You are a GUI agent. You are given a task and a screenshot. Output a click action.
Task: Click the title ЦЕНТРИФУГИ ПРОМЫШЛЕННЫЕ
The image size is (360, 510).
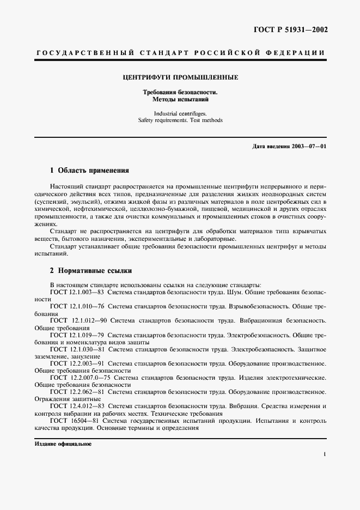coord(180,77)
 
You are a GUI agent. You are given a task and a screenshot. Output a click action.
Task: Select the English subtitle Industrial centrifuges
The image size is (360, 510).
coord(180,113)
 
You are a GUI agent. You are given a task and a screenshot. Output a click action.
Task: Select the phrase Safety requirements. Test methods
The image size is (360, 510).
coord(180,120)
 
